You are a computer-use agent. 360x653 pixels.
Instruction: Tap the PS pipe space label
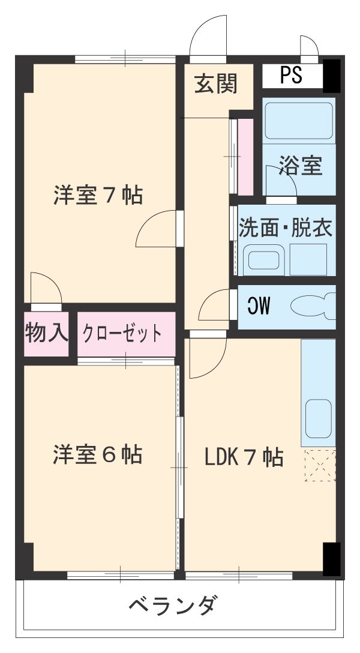[292, 74]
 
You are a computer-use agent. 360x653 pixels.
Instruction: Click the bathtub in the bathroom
[298, 121]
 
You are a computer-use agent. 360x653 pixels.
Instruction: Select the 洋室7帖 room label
[98, 195]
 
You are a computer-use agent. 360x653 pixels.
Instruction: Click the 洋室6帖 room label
[98, 454]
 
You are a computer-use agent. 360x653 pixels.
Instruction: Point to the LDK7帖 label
[243, 458]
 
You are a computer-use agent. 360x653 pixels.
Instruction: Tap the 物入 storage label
[47, 333]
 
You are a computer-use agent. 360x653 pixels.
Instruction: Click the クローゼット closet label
[122, 333]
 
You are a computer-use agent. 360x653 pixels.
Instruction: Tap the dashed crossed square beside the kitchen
[319, 465]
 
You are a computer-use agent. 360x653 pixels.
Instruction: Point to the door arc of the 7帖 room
[157, 229]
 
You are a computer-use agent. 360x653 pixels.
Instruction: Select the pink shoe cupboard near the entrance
[245, 156]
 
